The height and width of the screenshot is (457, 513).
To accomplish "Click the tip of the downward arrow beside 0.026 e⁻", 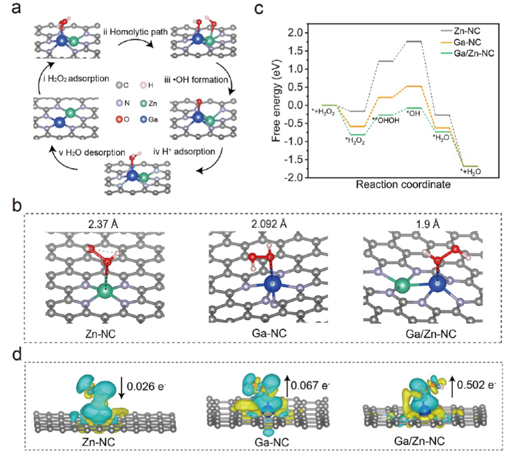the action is pyautogui.click(x=122, y=398).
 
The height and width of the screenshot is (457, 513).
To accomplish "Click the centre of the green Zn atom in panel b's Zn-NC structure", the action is pyautogui.click(x=105, y=290).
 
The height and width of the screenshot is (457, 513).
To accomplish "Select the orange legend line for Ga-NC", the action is pyautogui.click(x=446, y=42).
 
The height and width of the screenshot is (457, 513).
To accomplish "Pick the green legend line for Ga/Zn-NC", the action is pyautogui.click(x=446, y=53).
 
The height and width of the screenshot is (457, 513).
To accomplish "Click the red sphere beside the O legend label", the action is pyautogui.click(x=119, y=119).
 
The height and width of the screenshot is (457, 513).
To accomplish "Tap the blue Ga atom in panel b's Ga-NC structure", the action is pyautogui.click(x=273, y=283).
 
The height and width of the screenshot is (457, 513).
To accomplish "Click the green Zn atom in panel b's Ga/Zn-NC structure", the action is pyautogui.click(x=402, y=285).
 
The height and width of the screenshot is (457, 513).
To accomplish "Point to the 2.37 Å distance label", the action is pyautogui.click(x=103, y=224).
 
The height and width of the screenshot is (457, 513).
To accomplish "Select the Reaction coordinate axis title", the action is pyautogui.click(x=403, y=185).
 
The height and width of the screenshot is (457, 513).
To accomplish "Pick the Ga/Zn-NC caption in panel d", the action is pyautogui.click(x=419, y=441).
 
